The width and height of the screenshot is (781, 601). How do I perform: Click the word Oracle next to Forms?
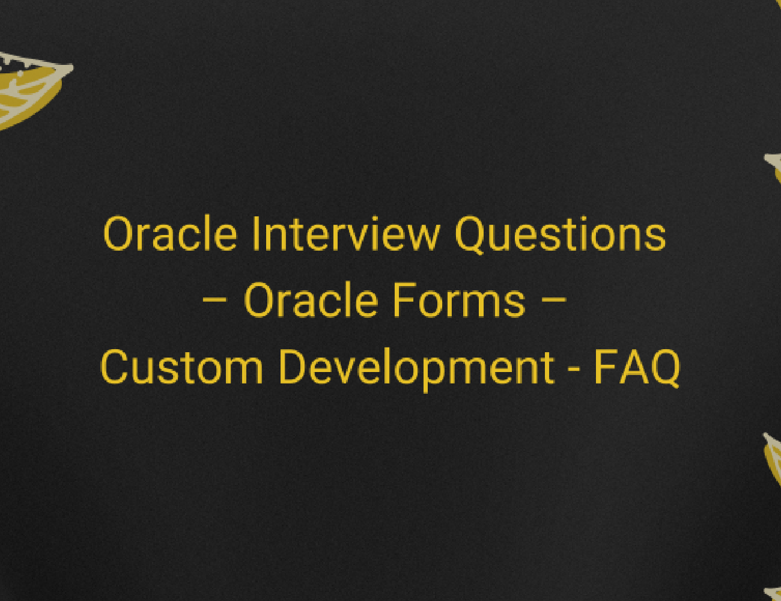(310, 300)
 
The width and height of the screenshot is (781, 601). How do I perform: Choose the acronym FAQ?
(637, 367)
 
